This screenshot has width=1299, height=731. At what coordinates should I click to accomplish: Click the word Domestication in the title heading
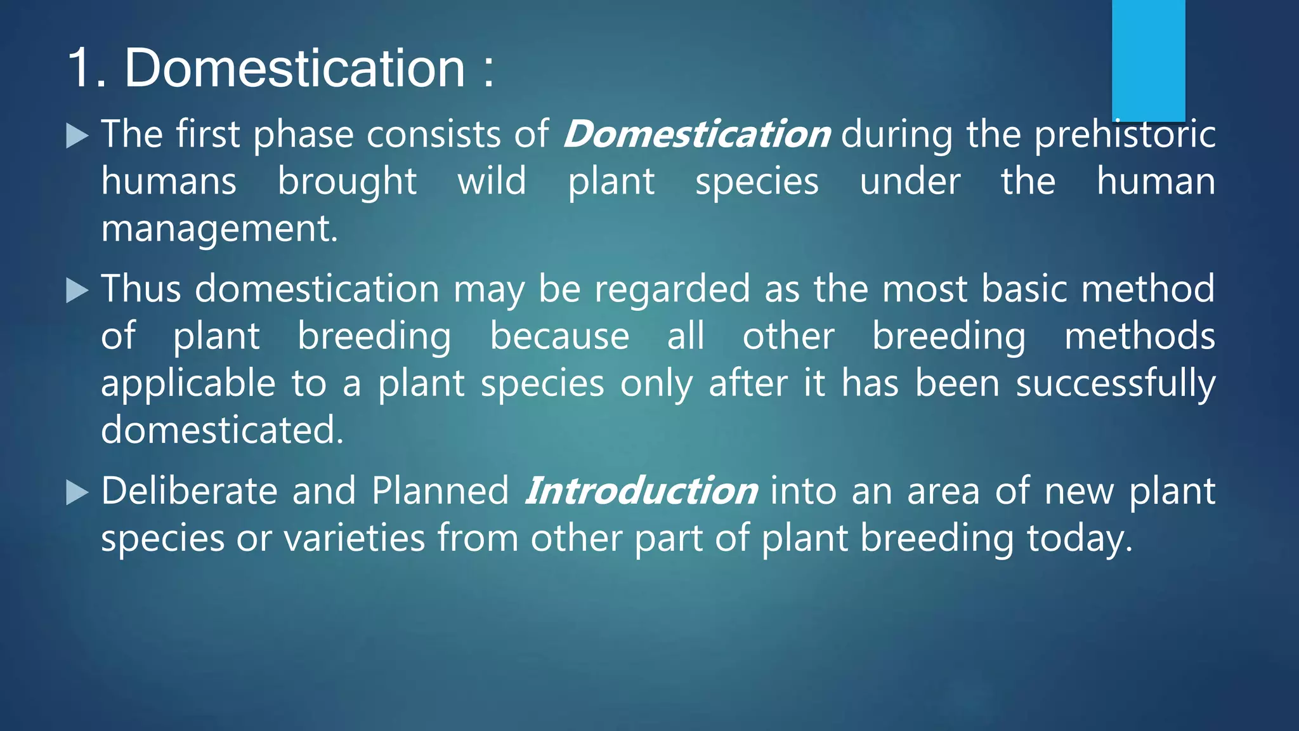coord(294,68)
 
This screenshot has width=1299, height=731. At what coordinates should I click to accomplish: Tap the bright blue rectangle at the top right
coord(1148,60)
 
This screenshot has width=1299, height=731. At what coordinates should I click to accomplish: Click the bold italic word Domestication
coord(696,135)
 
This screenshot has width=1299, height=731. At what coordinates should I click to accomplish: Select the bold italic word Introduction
coord(641,491)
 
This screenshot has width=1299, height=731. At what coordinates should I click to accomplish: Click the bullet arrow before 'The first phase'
coord(77,136)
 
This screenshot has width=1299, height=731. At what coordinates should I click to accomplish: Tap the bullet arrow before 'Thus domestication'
coord(77,291)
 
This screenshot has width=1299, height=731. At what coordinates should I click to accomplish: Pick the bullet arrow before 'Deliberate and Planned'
coord(77,492)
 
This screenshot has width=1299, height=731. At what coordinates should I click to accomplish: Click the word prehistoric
coord(1125,135)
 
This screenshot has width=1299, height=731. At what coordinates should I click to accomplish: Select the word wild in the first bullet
coord(492,181)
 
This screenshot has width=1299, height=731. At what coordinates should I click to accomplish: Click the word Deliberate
coord(189,491)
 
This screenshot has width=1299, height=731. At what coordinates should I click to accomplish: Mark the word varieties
coord(354,538)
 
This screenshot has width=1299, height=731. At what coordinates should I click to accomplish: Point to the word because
coord(559,336)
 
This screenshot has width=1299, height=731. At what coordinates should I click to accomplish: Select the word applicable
coord(188,384)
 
